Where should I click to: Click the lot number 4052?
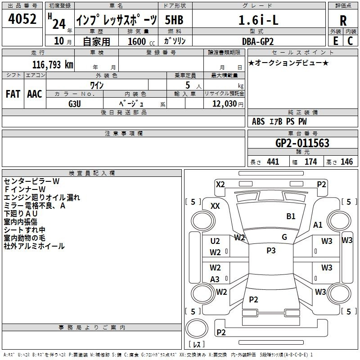[22, 19]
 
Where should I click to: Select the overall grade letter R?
[343, 21]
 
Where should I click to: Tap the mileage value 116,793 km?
[53, 65]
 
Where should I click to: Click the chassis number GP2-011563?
[302, 143]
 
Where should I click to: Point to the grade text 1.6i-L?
[258, 20]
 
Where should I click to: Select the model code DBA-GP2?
[258, 41]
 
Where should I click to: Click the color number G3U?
[75, 104]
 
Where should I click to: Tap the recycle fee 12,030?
[225, 104]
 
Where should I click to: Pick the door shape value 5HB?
[174, 20]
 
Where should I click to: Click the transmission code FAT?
[13, 94]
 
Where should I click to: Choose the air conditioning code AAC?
[35, 94]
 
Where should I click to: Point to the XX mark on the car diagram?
[215, 206]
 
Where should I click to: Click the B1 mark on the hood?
[291, 216]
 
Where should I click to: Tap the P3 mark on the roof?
[271, 251]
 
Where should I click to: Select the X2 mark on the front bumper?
[220, 184]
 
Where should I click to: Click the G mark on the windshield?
[284, 237]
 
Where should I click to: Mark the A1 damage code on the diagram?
[318, 225]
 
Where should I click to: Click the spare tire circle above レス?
[197, 328]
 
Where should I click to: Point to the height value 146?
[346, 162]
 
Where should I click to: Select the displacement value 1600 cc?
[141, 41]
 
